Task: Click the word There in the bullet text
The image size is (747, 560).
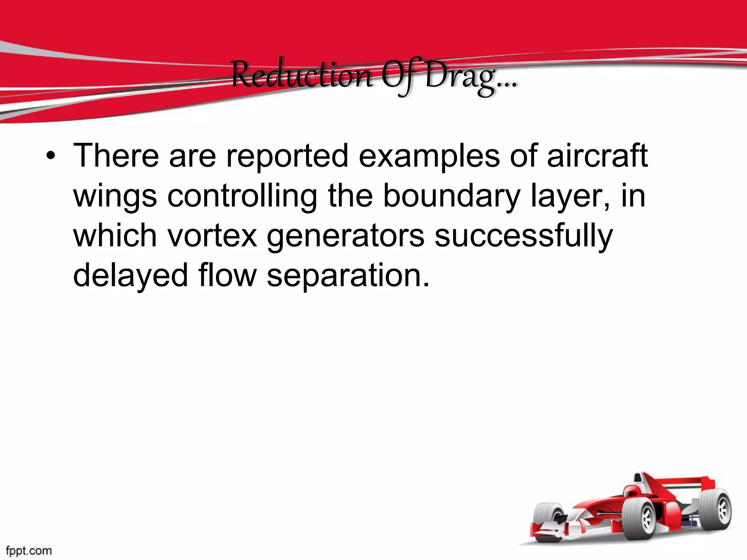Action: pyautogui.click(x=116, y=156)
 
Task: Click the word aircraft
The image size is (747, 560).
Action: pyautogui.click(x=597, y=156)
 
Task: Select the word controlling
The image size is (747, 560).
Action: pyautogui.click(x=242, y=196)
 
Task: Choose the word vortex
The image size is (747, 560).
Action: pyautogui.click(x=212, y=236)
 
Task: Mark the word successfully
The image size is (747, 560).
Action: pyautogui.click(x=524, y=236)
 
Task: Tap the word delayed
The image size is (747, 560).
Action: pyautogui.click(x=130, y=276)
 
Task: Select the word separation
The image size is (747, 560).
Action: pyautogui.click(x=348, y=276)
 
